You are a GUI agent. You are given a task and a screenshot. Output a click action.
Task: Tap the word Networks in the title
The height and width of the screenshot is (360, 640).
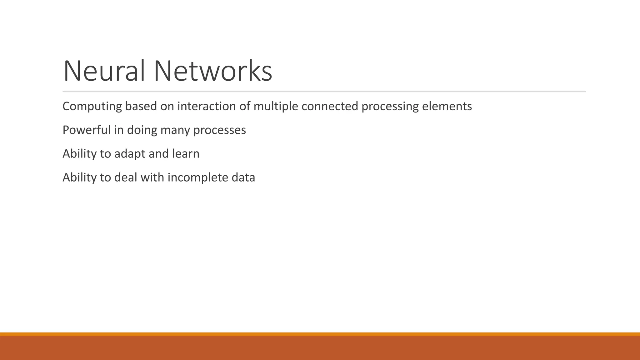[212, 71]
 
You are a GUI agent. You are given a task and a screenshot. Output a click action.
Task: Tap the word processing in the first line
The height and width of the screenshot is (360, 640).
[390, 107]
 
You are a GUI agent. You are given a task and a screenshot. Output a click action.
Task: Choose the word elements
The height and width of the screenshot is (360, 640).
[447, 107]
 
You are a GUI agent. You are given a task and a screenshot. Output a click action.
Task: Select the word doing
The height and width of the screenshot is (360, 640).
[142, 130]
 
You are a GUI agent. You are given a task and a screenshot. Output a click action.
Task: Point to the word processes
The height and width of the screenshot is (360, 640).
[219, 130]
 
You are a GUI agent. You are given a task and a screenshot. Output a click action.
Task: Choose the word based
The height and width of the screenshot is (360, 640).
[141, 107]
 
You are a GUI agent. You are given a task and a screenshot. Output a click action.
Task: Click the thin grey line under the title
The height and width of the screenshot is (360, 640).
[324, 91]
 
